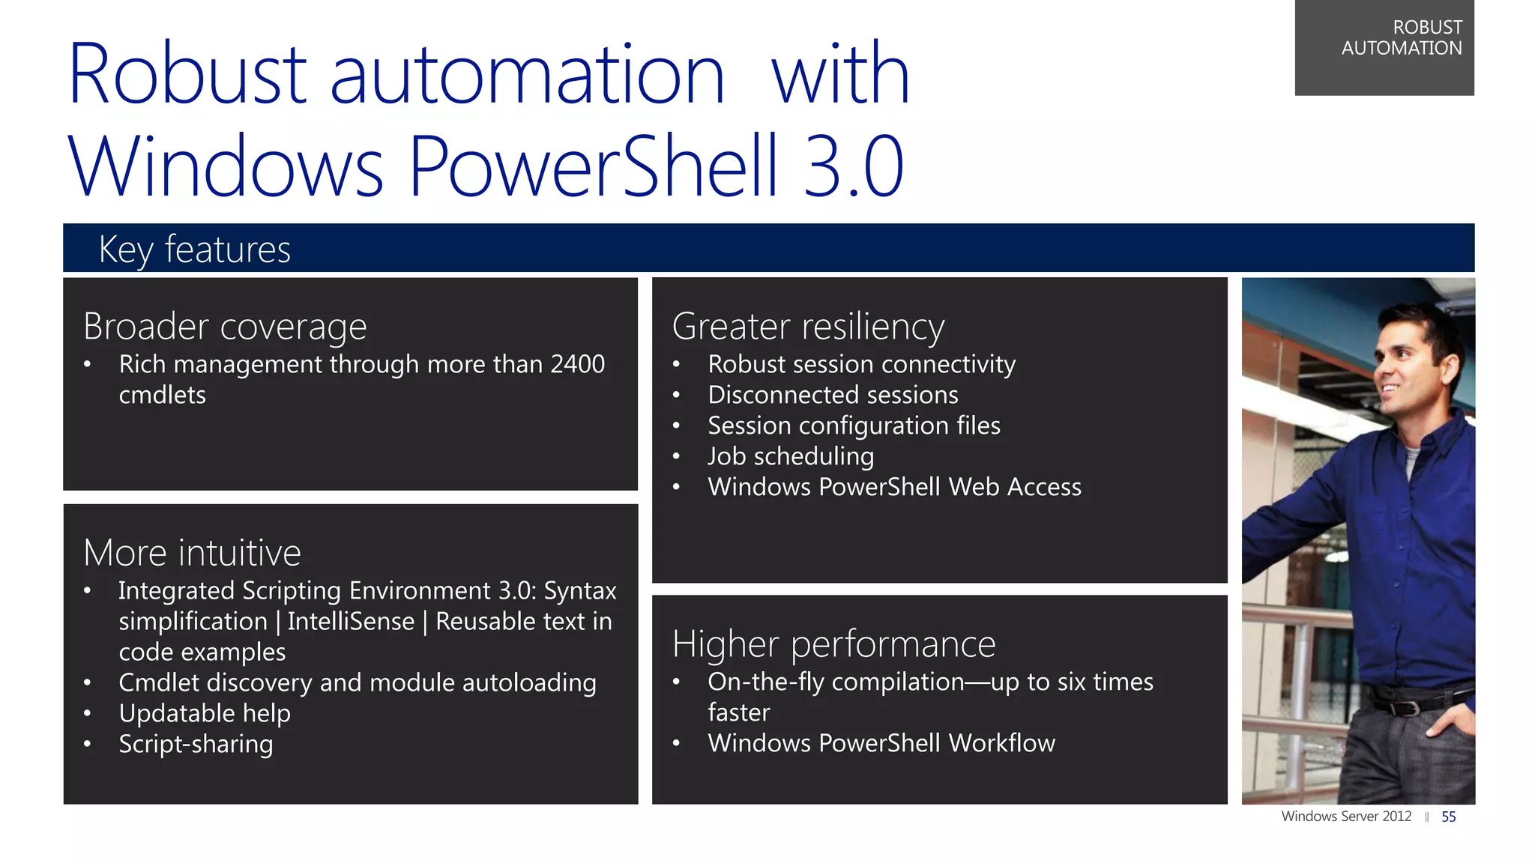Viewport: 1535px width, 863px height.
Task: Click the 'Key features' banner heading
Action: (194, 249)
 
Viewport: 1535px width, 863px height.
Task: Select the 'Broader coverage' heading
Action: (225, 327)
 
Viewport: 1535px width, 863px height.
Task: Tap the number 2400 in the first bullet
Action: (577, 364)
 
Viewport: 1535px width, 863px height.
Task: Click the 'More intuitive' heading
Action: (192, 553)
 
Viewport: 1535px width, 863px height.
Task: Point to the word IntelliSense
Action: (351, 622)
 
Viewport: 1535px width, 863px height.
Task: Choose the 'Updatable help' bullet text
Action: (204, 713)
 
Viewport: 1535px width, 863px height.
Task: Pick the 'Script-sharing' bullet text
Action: (196, 744)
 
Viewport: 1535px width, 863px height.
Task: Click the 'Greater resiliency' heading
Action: (808, 327)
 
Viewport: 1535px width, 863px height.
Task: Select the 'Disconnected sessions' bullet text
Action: (833, 395)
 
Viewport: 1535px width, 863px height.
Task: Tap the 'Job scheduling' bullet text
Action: (791, 456)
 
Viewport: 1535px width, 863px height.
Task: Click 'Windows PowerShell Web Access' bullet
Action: (894, 487)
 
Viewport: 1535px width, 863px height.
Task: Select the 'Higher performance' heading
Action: (833, 644)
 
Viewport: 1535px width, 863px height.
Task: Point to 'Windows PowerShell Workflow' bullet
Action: (881, 743)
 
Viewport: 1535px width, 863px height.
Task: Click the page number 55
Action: (1448, 817)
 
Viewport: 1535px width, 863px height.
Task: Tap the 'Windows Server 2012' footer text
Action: (1346, 817)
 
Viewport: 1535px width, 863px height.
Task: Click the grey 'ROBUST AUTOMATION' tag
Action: (1384, 46)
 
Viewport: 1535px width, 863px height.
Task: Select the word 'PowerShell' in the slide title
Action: (594, 166)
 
